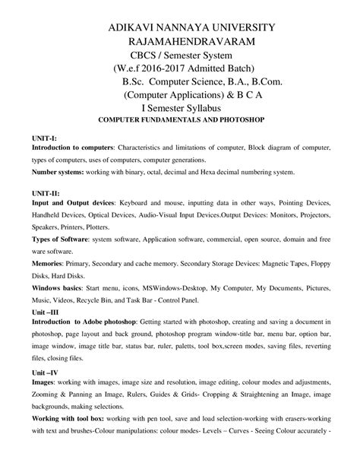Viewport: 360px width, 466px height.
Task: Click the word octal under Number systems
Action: point(182,173)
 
